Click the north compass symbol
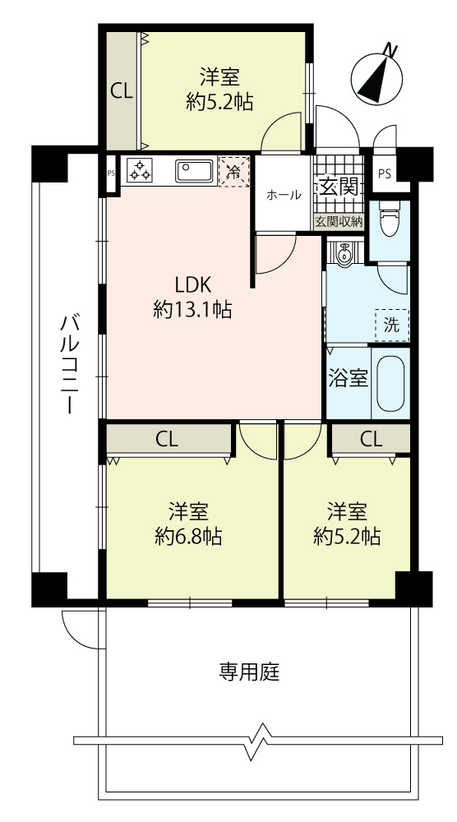pos(377,75)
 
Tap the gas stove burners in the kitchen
pos(140,170)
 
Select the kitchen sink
pos(194,171)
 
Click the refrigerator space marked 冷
pos(233,171)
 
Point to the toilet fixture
pos(390,218)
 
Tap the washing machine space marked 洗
pos(391,326)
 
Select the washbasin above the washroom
pos(344,255)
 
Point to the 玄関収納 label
pos(339,222)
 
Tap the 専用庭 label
pos(250,672)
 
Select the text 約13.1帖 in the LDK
pos(193,311)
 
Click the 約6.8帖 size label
pos(189,536)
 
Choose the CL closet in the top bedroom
pos(122,92)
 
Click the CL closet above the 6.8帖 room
pos(168,439)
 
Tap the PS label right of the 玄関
pos(384,174)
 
